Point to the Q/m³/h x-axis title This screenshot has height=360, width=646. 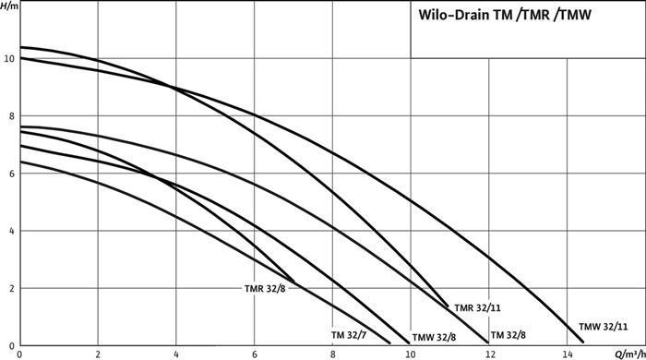click(627, 353)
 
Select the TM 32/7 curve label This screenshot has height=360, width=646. click(350, 334)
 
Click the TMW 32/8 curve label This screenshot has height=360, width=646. click(434, 336)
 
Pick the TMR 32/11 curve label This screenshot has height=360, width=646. click(477, 306)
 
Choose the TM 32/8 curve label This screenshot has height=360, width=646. click(509, 334)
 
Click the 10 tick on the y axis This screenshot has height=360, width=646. click(8, 58)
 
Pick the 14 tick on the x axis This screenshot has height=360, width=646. click(566, 353)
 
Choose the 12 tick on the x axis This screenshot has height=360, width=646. click(488, 353)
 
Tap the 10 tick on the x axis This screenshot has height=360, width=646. click(410, 353)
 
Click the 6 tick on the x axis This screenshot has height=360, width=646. click(254, 353)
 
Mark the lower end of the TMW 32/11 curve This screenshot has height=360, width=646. click(583, 342)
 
